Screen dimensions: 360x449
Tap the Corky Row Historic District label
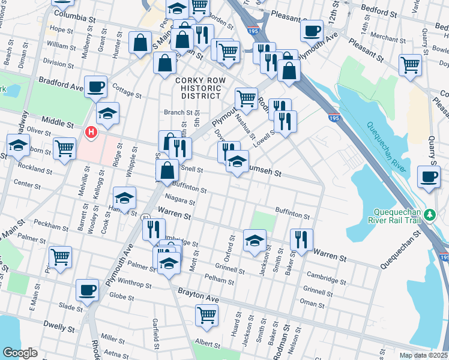[x=199, y=88]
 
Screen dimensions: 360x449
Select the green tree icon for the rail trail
[x=430, y=215]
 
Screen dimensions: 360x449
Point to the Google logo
[x=20, y=353]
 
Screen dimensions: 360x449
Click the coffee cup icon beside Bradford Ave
[x=96, y=87]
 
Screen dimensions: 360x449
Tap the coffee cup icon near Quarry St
[x=429, y=178]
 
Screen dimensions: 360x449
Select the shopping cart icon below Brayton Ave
[x=206, y=314]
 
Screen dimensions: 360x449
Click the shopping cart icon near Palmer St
[x=61, y=257]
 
